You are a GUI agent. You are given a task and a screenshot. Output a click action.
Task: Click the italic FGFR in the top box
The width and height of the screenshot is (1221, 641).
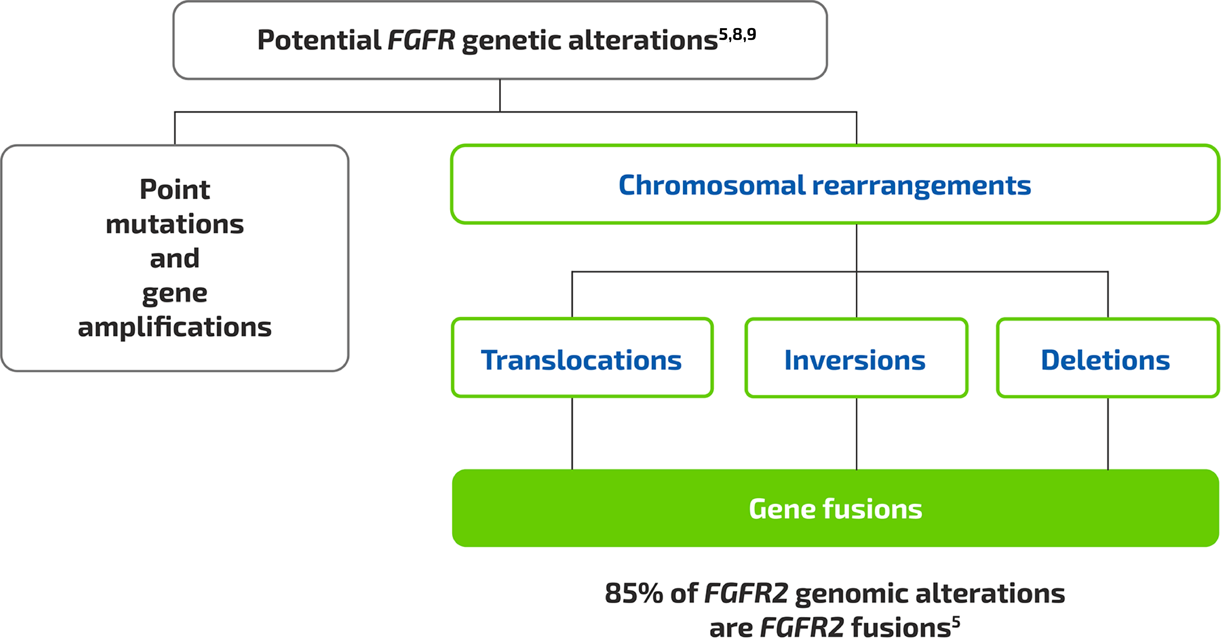(x=421, y=40)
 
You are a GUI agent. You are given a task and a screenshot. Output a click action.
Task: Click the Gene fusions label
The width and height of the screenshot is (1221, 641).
(x=835, y=509)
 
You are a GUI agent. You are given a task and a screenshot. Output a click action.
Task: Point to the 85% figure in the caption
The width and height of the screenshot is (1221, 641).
(x=633, y=593)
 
